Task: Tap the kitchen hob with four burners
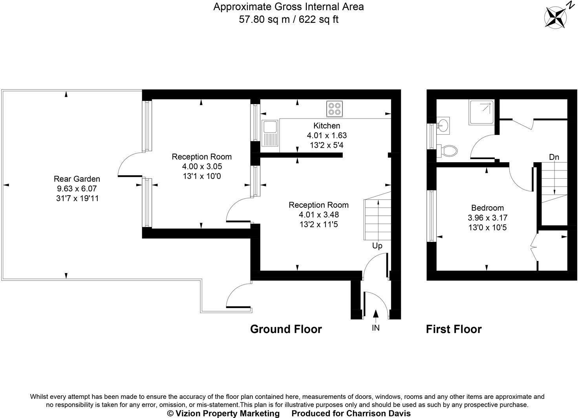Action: coord(335,108)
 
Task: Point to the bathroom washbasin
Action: coord(443,125)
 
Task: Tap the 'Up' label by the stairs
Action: coord(377,246)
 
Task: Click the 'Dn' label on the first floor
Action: coord(554,157)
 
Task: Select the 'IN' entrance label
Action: coord(376,328)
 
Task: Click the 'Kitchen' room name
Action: coord(327,126)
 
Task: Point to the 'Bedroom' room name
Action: coord(487,208)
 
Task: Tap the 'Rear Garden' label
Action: coord(77,179)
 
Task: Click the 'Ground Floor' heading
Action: coord(286,329)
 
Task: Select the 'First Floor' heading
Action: coord(454,329)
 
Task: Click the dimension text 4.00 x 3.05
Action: coord(201,167)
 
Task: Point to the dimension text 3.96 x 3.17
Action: coord(487,218)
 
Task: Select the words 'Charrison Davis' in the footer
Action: coord(378,413)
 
